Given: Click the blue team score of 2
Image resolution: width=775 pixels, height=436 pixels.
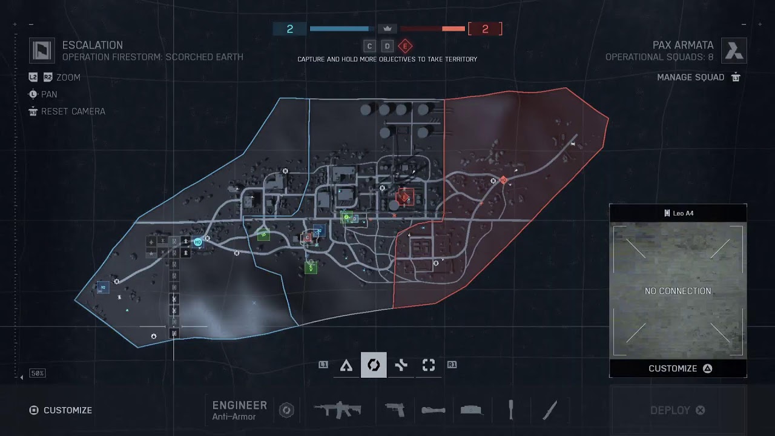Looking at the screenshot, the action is (289, 28).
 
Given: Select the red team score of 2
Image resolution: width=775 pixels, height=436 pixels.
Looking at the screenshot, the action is (485, 28).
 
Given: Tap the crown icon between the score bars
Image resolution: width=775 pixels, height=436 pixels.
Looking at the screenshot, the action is (387, 28).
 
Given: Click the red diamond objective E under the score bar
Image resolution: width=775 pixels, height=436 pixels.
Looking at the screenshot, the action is (405, 46).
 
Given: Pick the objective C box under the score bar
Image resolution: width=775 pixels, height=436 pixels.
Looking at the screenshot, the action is (369, 46).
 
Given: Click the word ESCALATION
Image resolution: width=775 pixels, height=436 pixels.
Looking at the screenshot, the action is (92, 45).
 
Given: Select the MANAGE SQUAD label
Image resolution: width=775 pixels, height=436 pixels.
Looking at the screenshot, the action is (690, 77).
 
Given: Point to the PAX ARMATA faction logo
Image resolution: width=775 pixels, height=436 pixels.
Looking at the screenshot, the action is (734, 50).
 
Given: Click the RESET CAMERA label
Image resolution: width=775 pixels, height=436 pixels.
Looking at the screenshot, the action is (73, 111).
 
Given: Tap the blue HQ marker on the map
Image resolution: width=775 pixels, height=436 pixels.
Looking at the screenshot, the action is (197, 242).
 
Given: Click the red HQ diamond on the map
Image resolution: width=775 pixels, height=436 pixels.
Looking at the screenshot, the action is (503, 180).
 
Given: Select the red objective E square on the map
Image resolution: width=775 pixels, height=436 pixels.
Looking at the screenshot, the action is (405, 196).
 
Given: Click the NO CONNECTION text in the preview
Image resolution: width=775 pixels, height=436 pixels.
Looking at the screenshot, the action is (678, 291).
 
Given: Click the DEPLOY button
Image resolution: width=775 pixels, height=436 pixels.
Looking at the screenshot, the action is (678, 410).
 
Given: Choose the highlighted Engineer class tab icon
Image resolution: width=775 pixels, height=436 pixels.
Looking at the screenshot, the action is (374, 365).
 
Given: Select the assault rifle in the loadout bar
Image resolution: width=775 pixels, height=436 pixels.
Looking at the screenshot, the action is (337, 409).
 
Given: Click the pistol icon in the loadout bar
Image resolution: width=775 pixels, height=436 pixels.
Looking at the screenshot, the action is (395, 409).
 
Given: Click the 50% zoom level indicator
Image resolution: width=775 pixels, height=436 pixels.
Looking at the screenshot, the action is (38, 374).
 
